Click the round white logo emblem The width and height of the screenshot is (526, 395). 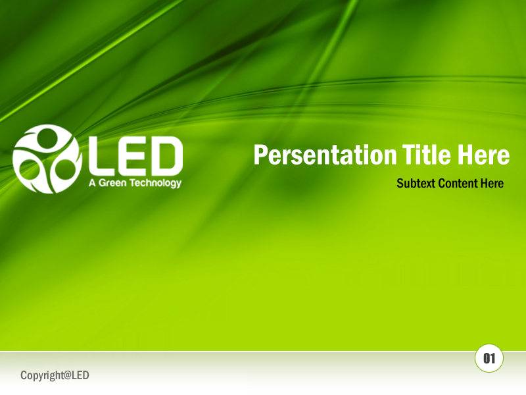[x=46, y=159]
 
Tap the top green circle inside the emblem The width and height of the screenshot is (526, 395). [x=48, y=139]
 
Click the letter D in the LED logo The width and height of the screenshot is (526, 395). [x=167, y=156]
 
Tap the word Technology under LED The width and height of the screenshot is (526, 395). [x=156, y=184]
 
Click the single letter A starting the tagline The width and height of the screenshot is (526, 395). [x=92, y=183]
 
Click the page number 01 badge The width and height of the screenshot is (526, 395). [x=489, y=359]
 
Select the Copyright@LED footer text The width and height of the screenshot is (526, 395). [x=55, y=376]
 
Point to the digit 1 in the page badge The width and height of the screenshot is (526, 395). [x=492, y=359]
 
